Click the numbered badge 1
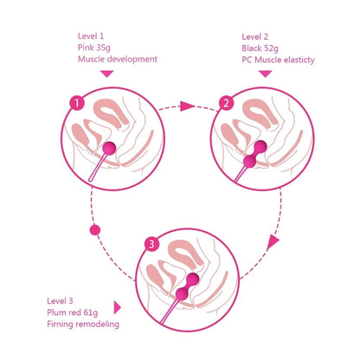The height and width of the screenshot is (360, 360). point(77,103)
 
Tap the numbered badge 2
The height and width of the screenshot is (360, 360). point(227,103)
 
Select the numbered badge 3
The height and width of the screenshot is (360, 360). point(151,244)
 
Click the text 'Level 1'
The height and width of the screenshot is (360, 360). point(91,35)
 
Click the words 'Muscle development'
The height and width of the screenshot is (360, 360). point(117,60)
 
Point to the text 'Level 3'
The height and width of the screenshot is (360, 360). point(61,299)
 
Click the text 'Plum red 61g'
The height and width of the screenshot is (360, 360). point(74,312)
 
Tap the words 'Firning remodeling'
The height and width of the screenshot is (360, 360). point(84,324)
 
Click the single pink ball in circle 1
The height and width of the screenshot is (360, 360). point(109,148)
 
